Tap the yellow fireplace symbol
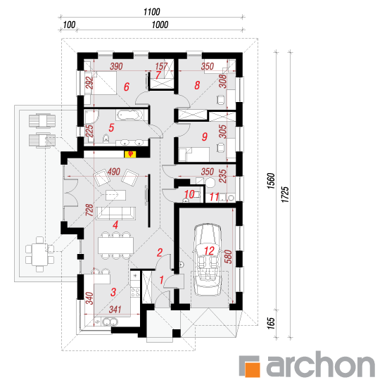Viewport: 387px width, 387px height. pos(130,154)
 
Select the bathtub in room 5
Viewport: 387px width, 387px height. pos(129,115)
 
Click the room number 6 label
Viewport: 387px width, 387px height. pos(127,87)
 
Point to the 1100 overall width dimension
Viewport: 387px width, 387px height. pos(151,11)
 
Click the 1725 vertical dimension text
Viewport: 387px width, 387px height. pos(285,194)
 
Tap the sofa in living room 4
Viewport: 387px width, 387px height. pos(116,213)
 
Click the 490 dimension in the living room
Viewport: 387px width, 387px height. pos(114,172)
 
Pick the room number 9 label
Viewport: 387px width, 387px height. pos(205,137)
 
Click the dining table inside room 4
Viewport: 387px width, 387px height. pos(116,246)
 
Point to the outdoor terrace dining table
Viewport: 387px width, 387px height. pos(39,254)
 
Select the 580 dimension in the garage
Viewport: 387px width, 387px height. pos(229,257)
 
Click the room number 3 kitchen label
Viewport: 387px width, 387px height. pos(113,292)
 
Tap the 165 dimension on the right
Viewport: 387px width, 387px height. pos(271,323)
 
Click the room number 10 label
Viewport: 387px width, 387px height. pos(189,194)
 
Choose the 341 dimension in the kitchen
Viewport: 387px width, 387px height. pos(115,310)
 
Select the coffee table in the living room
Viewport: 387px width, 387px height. pos(116,195)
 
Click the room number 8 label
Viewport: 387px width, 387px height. pos(197,85)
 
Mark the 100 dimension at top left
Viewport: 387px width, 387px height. pos(69,25)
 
